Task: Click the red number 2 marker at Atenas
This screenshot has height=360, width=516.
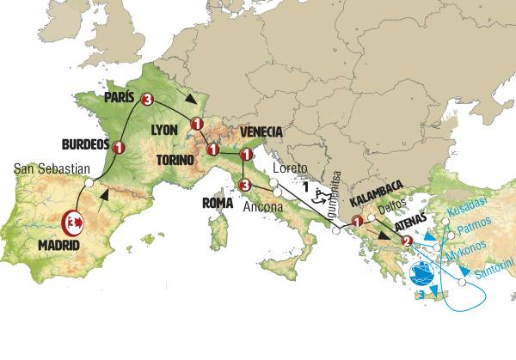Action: pos(407,240)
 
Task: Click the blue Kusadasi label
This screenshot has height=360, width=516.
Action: pos(474,211)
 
